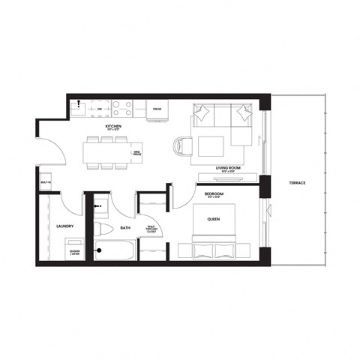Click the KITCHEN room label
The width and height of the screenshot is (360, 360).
(114, 127)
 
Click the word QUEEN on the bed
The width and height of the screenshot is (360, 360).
(214, 220)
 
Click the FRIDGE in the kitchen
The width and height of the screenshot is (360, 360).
(157, 109)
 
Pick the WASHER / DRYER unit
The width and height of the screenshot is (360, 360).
(74, 252)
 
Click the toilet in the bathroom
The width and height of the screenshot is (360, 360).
(104, 228)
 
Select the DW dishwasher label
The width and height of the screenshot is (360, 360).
(99, 109)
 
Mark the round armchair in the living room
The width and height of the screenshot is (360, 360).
(183, 145)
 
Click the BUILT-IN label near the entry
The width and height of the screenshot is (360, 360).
(46, 182)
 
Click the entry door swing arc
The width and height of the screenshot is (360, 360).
(49, 145)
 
